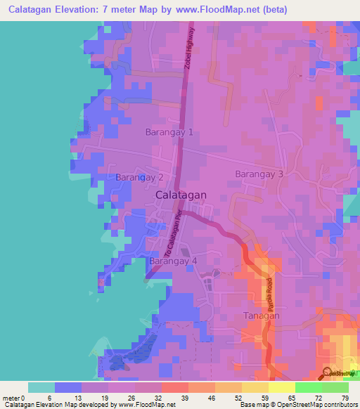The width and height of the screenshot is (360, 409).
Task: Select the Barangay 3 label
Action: click(x=259, y=174)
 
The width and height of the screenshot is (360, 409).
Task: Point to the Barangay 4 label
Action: click(x=173, y=261)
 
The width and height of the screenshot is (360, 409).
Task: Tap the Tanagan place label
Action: click(x=261, y=316)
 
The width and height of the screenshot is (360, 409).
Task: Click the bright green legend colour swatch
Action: click(x=308, y=387)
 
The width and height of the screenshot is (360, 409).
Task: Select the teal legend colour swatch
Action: click(x=41, y=387)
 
